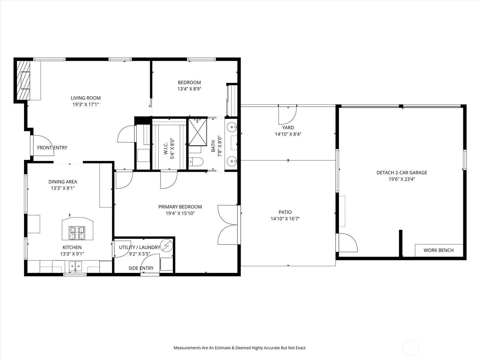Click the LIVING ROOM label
(x=85, y=98)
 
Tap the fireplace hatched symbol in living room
(x=23, y=80)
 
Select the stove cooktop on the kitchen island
(x=77, y=233)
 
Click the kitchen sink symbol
(x=75, y=266)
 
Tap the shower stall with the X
(x=197, y=132)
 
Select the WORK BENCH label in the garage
(x=438, y=250)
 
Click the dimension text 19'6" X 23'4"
(x=402, y=179)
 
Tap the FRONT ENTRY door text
(x=52, y=148)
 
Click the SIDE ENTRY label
(x=141, y=268)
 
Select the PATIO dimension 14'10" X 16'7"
(x=285, y=219)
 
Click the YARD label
(x=288, y=127)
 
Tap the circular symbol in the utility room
(x=166, y=246)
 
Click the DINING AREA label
(x=63, y=181)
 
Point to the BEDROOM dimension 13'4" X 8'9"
(x=189, y=89)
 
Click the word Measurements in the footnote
(x=187, y=348)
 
